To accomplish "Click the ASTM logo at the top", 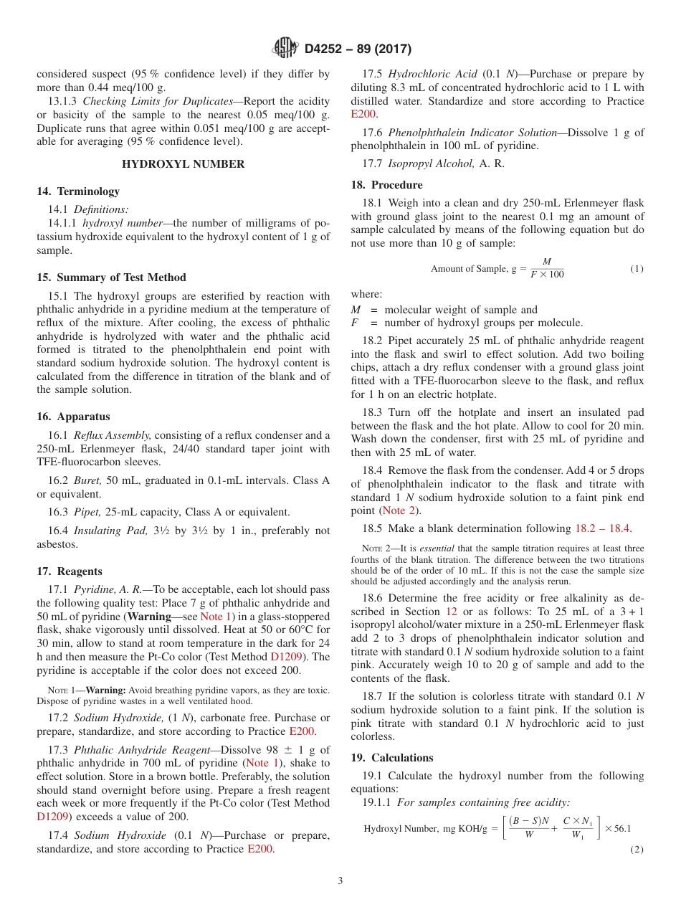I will [x=285, y=49].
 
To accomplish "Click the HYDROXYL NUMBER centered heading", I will [x=183, y=164].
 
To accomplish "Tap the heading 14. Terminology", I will [x=78, y=191].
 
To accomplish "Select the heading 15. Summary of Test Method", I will [x=111, y=277].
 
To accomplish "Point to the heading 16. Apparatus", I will [x=73, y=417].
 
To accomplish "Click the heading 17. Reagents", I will [x=70, y=571].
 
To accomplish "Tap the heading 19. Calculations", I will [x=392, y=758].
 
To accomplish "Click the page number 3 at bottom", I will [x=340, y=880].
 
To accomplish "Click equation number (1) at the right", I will [x=637, y=269].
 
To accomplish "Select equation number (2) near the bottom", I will [x=637, y=850].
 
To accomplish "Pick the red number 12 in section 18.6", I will [x=451, y=612].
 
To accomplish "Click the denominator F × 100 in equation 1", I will [x=547, y=275].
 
